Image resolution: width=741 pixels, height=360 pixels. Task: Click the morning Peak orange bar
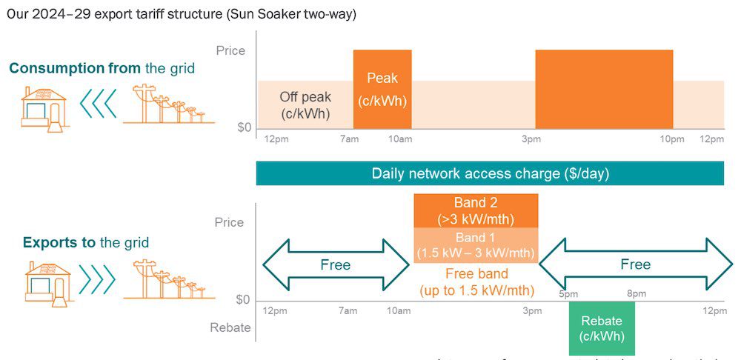pos(382,89)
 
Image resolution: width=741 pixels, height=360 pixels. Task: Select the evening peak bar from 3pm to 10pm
pos(604,89)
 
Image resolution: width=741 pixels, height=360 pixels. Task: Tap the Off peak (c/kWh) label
pos(305,105)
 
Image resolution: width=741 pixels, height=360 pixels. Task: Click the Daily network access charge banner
pos(490,174)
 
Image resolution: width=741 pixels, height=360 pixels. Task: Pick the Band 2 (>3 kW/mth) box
pos(476,210)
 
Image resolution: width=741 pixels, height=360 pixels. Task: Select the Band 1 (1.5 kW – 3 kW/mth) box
pos(476,245)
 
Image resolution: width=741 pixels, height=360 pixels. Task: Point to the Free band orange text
pos(476,280)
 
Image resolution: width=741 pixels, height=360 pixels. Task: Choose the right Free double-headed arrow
pos(635,265)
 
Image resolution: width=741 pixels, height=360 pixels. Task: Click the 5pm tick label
pos(569,294)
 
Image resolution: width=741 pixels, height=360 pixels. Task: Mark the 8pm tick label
pos(636,294)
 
